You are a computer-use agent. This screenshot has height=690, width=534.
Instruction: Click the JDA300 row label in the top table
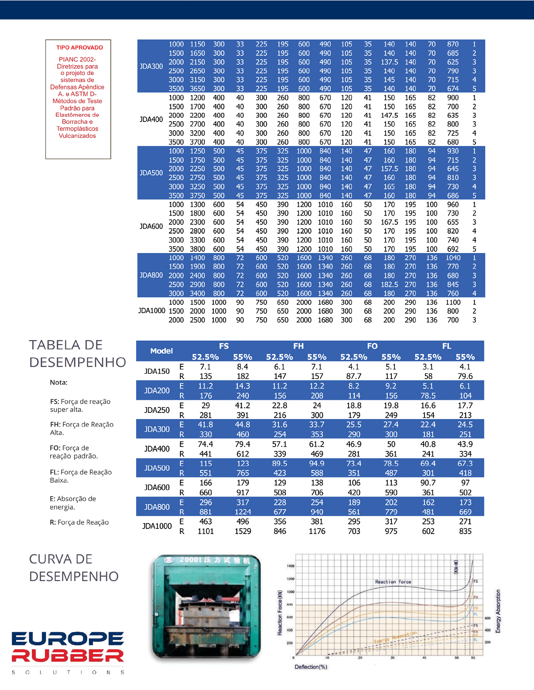151,66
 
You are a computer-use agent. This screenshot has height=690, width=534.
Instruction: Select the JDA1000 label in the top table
151,311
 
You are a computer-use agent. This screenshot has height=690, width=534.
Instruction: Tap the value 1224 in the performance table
243,512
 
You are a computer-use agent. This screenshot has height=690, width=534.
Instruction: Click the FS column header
224,346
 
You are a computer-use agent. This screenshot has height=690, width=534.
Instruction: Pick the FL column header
446,346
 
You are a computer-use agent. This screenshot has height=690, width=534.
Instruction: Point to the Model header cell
161,351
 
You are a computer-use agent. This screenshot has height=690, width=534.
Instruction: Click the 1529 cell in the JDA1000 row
243,531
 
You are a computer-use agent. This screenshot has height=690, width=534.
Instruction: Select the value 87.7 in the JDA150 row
354,376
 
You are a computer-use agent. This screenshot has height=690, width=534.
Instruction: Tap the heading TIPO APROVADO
79,47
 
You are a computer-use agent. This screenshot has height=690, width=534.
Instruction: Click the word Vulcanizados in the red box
77,136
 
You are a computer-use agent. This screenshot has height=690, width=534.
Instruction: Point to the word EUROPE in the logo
68,639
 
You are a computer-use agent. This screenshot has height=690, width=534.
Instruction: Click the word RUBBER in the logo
68,656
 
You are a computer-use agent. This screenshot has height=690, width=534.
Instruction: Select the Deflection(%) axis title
311,667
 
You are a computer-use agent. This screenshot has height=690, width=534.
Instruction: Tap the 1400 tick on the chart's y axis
291,566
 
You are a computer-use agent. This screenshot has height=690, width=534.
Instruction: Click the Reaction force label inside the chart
393,582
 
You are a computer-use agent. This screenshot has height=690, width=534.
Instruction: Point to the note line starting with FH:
82,428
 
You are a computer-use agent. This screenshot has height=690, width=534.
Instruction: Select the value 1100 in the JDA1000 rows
453,302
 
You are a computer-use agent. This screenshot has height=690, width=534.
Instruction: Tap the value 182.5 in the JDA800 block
389,284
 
